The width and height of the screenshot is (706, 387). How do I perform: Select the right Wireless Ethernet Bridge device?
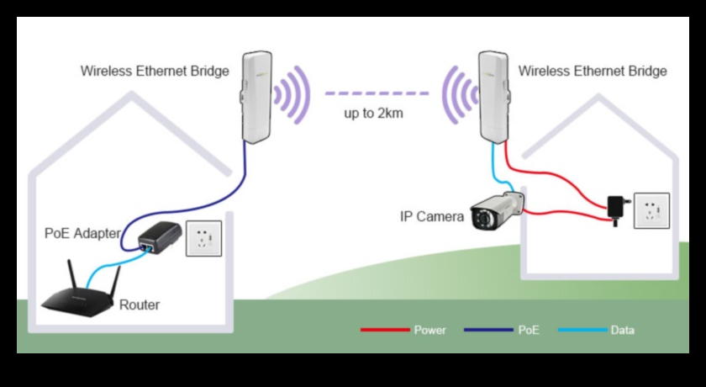[493, 97]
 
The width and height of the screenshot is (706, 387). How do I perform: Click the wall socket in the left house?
[203, 238]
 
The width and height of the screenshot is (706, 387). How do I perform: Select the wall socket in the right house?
[651, 210]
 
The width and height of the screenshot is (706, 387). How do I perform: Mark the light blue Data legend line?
[582, 330]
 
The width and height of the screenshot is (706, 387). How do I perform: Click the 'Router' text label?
[139, 305]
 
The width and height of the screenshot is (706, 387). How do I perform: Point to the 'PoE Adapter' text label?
[82, 233]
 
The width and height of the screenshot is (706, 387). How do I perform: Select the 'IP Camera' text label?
[432, 217]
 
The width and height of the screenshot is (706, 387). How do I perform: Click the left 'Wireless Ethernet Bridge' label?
[154, 72]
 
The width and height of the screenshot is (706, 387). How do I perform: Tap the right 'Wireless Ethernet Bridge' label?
[593, 72]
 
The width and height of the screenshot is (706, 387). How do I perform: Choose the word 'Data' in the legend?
[623, 331]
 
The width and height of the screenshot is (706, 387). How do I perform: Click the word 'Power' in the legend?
[430, 331]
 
